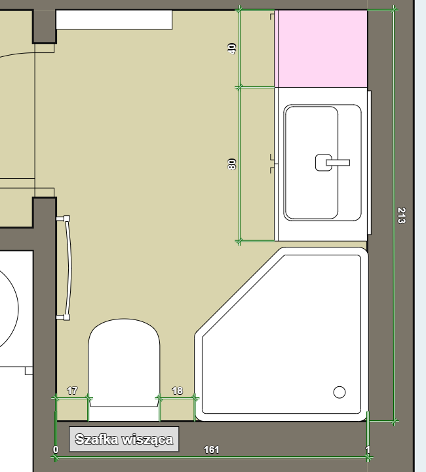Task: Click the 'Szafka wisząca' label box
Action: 124,439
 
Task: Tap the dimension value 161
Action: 211,450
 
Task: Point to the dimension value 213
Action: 401,215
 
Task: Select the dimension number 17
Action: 72,391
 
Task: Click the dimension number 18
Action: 177,391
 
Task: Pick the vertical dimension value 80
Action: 232,164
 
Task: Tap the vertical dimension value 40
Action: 232,48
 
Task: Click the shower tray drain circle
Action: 339,392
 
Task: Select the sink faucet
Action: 332,162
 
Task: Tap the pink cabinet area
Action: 321,48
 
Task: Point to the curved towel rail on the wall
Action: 69,268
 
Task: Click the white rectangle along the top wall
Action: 114,20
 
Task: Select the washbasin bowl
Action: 311,162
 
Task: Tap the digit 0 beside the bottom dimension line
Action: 56,450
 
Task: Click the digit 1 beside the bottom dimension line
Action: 368,450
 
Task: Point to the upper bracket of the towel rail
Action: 64,219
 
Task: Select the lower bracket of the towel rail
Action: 64,317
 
